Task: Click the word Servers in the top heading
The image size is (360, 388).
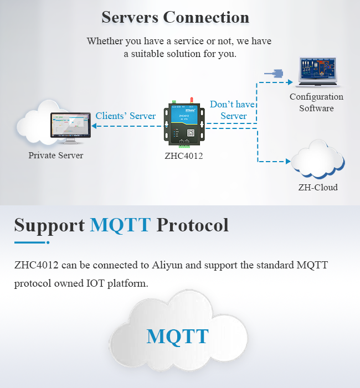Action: click(x=129, y=17)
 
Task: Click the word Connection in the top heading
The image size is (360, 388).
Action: click(x=205, y=17)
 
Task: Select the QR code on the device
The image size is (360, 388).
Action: click(x=189, y=133)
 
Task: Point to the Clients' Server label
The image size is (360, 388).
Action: click(x=126, y=116)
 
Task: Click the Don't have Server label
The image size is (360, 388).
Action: click(x=233, y=110)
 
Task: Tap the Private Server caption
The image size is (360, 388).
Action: click(x=56, y=156)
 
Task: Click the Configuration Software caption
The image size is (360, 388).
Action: click(x=316, y=102)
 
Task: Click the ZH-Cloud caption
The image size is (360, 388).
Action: click(x=317, y=187)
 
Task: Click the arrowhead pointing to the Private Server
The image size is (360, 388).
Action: click(x=95, y=126)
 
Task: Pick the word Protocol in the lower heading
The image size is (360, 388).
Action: click(x=192, y=225)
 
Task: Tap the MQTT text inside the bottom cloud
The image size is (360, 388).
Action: click(x=177, y=336)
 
